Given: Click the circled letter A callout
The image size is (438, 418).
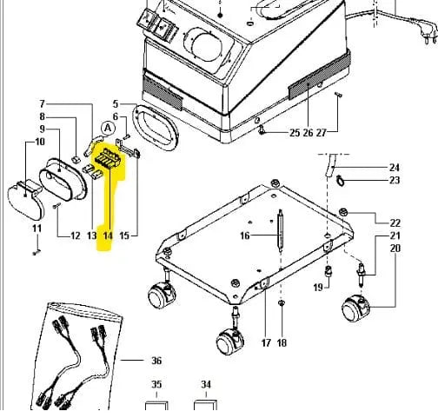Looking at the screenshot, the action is (108, 128).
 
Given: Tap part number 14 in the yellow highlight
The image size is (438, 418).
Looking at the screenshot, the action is (108, 236).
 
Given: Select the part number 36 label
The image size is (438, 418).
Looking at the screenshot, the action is (156, 361).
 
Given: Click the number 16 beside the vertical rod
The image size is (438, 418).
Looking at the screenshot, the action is (245, 236).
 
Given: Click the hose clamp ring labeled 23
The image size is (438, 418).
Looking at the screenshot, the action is (341, 182).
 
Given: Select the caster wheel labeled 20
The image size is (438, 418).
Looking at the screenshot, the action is (355, 309).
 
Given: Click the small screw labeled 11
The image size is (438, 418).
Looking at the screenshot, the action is (36, 253).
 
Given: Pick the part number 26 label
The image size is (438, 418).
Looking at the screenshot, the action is (308, 133).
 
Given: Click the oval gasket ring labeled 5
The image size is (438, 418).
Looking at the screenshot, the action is (155, 128).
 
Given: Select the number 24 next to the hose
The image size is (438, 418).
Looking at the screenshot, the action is (395, 168).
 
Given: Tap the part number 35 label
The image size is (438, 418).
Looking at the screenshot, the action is (156, 384).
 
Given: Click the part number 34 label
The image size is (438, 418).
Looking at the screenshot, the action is (206, 384).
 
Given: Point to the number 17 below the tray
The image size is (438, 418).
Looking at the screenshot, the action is (266, 343).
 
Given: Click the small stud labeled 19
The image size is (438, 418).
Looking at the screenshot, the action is (328, 271).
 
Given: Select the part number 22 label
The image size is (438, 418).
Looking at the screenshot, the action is (395, 223).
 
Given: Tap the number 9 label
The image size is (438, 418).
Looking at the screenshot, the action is (43, 129).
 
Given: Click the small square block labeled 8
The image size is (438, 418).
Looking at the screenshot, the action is (75, 159).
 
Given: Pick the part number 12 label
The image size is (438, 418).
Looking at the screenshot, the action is (76, 236).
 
